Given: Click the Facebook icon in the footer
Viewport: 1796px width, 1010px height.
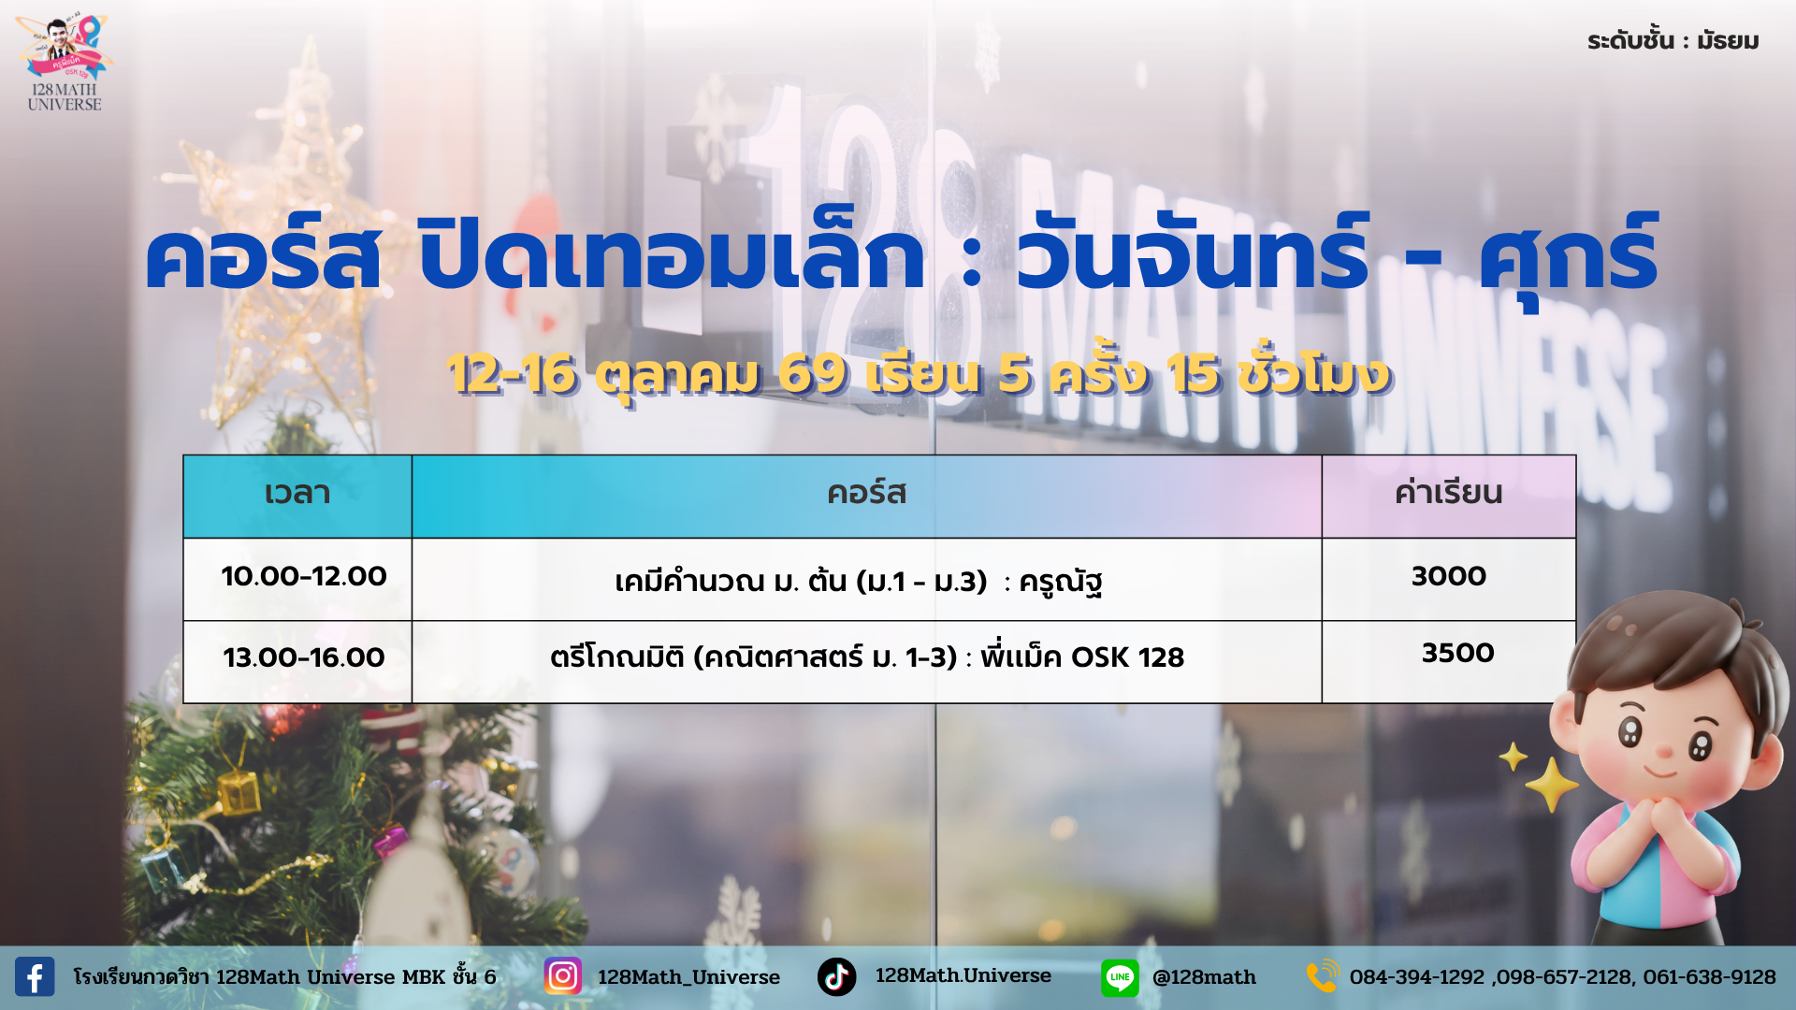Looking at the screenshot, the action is (x=35, y=976).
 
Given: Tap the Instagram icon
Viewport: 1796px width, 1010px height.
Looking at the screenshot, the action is (x=562, y=976).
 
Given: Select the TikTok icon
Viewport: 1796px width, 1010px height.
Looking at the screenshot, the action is (x=836, y=976).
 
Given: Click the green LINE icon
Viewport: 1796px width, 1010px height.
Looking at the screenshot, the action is (x=1120, y=977).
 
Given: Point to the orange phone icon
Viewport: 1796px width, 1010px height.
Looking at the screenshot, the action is (x=1323, y=976).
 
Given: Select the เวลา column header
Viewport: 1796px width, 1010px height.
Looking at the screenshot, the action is (x=297, y=493).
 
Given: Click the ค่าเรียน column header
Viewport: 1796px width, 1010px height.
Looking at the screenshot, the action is (x=1448, y=493).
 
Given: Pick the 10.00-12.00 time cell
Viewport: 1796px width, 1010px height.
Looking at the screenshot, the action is (x=304, y=576).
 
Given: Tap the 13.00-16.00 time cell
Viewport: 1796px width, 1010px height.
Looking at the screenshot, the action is (x=304, y=657).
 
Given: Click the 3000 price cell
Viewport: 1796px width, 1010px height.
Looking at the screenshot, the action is (x=1449, y=576).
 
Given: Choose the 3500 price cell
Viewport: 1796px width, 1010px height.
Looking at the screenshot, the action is (x=1458, y=653).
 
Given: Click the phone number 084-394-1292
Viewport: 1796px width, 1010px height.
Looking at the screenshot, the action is (x=1417, y=977).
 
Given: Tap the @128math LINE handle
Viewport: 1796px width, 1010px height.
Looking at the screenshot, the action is (x=1204, y=977).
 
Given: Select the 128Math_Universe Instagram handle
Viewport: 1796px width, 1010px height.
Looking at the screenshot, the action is (x=688, y=977).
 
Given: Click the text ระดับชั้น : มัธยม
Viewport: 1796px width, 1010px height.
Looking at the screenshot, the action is (x=1673, y=41).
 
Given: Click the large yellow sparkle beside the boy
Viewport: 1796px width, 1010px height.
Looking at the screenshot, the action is (x=1552, y=784).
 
